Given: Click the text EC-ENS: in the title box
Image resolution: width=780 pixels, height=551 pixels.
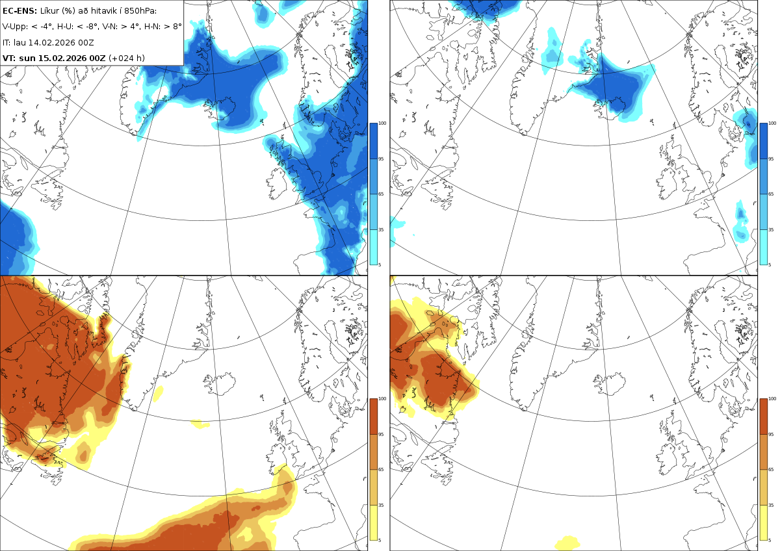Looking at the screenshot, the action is (19, 11).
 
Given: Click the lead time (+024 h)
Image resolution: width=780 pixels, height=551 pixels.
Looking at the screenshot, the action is (126, 58).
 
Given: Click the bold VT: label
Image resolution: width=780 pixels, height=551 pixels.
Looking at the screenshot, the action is (9, 58).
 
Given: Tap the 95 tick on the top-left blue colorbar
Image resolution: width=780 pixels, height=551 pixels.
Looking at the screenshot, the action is (381, 159).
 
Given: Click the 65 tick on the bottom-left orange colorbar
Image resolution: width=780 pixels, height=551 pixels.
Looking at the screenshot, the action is (381, 469).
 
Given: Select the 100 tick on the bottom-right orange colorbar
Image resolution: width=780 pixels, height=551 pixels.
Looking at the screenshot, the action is (772, 398).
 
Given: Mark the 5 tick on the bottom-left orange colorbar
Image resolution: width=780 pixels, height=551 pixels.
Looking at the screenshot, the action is (380, 540).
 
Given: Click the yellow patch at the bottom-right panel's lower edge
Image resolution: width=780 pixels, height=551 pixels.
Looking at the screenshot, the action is (567, 543).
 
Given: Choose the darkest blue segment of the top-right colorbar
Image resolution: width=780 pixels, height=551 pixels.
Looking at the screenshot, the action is (763, 141).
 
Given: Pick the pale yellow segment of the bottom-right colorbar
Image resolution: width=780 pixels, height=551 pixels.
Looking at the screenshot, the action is (763, 522).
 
